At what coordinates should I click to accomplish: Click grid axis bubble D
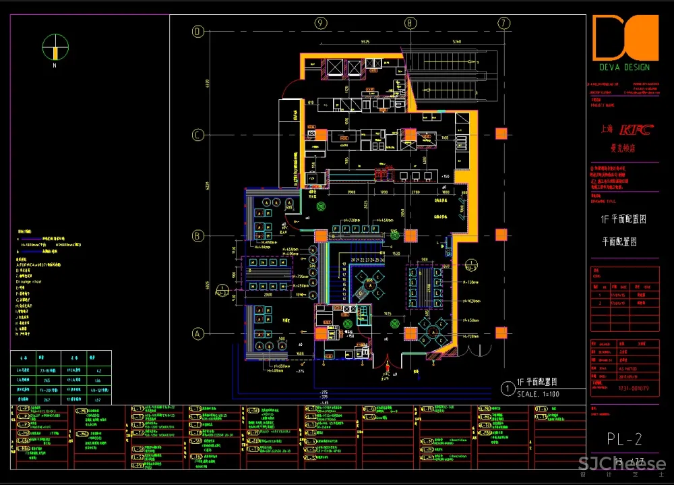click(x=198, y=32)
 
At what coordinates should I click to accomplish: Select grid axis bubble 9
click(x=321, y=23)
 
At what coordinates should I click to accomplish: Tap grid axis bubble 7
click(x=503, y=23)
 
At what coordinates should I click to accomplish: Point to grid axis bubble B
click(x=198, y=235)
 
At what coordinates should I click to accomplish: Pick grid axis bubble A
click(x=198, y=333)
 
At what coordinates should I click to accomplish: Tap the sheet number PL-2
click(x=623, y=440)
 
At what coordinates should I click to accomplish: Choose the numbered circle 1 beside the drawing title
click(x=508, y=388)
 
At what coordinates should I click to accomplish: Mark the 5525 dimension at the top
click(x=365, y=42)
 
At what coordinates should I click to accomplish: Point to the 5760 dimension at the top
click(x=456, y=42)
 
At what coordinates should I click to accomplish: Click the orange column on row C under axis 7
click(x=501, y=134)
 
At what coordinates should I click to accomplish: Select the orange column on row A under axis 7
click(x=501, y=332)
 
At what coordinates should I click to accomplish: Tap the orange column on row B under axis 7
click(x=501, y=235)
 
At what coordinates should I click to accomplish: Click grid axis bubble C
click(x=198, y=135)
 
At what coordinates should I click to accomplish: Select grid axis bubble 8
click(x=410, y=23)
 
